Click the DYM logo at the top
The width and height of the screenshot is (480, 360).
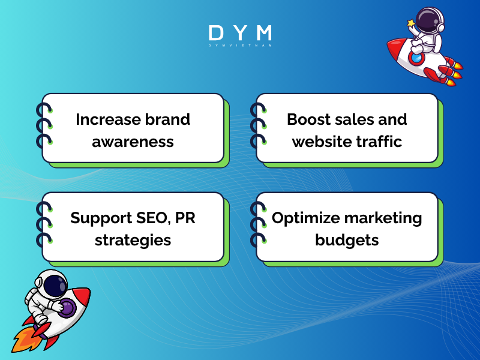coord(240,33)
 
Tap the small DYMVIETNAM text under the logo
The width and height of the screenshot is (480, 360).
coord(240,46)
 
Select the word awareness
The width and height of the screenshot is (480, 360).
coord(133,142)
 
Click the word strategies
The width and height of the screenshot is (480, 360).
coord(133,240)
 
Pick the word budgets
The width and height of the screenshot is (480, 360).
coord(347,240)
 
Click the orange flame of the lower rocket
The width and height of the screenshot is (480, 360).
coord(24,339)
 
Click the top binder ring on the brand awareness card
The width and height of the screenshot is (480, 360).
coord(43,110)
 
